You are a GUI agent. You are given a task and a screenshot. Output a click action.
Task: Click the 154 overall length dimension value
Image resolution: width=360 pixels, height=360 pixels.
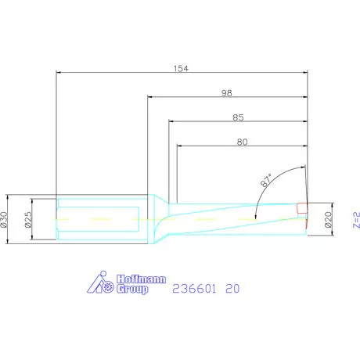click(x=181, y=69)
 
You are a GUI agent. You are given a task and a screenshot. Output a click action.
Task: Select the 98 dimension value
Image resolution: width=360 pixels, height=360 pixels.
click(x=227, y=93)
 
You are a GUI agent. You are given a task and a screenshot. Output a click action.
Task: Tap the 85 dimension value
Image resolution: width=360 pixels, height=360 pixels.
click(x=238, y=117)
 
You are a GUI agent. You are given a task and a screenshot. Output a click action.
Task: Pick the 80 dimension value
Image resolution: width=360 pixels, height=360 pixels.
click(x=242, y=142)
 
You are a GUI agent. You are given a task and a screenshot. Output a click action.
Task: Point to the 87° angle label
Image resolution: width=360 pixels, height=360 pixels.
click(x=266, y=181)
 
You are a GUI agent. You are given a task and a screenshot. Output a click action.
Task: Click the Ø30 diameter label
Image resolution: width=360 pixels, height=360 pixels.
click(x=4, y=220)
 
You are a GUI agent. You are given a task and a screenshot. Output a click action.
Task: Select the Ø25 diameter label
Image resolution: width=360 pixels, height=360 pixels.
click(x=28, y=220)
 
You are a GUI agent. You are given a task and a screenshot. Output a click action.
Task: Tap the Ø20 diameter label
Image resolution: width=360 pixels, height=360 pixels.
click(x=328, y=220)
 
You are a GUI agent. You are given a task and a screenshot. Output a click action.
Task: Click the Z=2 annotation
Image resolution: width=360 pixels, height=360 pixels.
click(x=356, y=220)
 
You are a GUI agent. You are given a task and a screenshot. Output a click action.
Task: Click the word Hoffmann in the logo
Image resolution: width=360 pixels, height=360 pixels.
click(x=141, y=279)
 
